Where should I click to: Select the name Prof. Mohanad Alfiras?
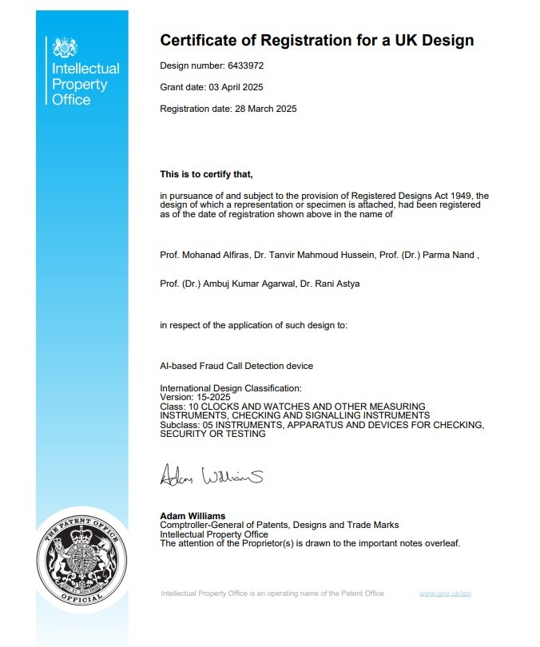204,255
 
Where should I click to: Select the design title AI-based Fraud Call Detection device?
236,366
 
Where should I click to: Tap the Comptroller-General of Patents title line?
279,525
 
